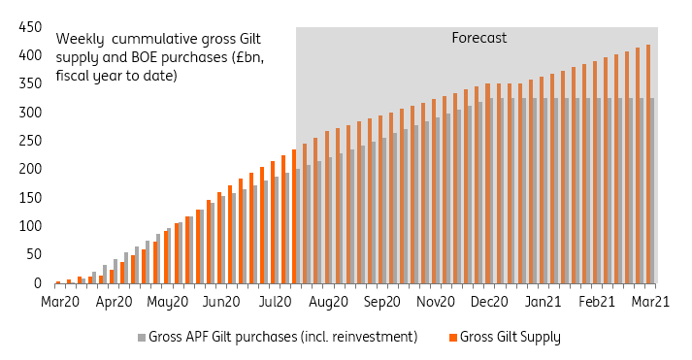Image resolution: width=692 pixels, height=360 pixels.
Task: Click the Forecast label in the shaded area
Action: click(479, 39)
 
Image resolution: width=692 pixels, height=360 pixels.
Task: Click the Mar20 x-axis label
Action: click(60, 302)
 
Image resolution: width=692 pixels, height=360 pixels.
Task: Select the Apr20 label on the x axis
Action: click(115, 302)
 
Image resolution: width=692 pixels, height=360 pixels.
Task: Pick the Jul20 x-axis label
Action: click(277, 302)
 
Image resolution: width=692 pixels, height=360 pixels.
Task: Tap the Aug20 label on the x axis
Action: click(329, 302)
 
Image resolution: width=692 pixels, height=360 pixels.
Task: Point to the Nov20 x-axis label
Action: click(437, 302)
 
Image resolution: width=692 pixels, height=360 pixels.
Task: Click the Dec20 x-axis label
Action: click(491, 302)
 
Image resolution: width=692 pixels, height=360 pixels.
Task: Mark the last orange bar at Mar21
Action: click(647, 164)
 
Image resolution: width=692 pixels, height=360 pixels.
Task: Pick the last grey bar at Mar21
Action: click(652, 190)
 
